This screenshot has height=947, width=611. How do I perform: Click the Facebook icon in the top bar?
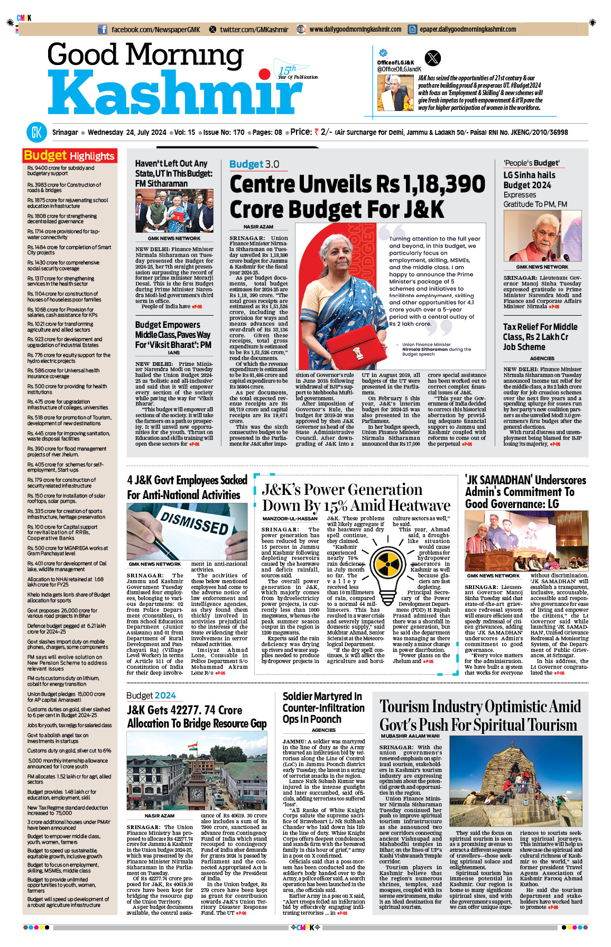[103, 30]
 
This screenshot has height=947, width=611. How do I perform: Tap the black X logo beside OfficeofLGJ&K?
[432, 58]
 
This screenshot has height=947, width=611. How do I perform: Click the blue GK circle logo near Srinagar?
[36, 132]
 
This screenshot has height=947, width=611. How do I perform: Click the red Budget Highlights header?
[69, 155]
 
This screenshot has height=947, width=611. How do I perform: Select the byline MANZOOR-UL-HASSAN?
[290, 519]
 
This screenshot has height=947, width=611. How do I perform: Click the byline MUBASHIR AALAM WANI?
[410, 736]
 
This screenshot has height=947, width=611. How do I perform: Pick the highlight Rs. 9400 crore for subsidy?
[61, 171]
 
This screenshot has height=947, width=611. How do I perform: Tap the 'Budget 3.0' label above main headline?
[254, 164]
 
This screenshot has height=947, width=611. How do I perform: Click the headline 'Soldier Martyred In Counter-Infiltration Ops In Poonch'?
[323, 707]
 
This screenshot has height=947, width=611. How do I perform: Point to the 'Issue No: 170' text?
[224, 132]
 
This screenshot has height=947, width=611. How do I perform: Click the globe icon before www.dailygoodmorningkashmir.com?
[301, 30]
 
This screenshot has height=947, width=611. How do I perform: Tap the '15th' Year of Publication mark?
[287, 70]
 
